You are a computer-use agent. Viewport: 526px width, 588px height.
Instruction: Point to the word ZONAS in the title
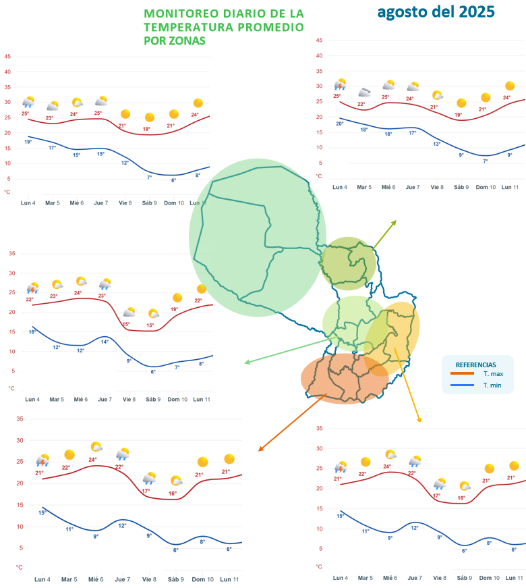[189, 41]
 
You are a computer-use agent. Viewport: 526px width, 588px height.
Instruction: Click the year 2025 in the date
[469, 11]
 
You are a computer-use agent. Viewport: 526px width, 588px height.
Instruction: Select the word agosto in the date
[399, 11]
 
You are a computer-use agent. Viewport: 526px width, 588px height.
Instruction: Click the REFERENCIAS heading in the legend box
[475, 364]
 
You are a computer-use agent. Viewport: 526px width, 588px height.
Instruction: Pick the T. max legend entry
[493, 373]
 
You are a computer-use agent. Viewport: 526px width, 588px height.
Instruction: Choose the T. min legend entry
[492, 385]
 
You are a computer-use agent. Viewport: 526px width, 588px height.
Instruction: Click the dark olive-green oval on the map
[348, 263]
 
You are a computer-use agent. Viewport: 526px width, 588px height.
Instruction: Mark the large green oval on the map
[256, 236]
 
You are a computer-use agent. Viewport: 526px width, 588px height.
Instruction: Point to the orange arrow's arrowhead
[259, 450]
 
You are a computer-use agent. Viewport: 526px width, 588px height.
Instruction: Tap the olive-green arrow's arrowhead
[396, 221]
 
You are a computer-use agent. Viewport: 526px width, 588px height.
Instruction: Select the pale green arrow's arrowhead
[245, 363]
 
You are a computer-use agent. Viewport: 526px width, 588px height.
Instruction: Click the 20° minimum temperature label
[340, 124]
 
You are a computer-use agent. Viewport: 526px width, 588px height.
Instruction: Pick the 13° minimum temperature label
[437, 144]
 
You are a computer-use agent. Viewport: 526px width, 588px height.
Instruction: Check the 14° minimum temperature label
[105, 342]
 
